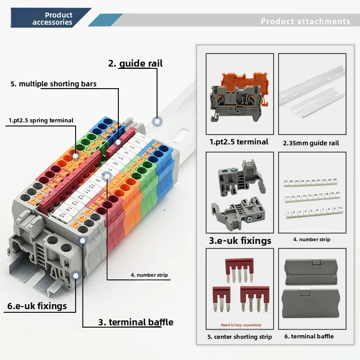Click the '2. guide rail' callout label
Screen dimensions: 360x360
coord(135,63)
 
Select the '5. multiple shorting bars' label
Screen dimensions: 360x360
coord(54,84)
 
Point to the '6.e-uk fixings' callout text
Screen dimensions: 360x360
coord(37,306)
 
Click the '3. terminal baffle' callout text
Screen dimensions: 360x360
coord(135,322)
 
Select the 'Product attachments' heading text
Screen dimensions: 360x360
coord(305,21)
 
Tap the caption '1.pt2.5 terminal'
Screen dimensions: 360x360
coord(239,142)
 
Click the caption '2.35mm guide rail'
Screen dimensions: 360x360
coord(311,143)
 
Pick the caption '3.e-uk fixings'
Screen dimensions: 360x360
coord(240,240)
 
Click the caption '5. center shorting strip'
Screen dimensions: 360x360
coord(239,337)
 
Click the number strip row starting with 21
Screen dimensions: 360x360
coord(310,182)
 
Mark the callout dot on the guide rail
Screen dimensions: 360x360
coord(157,121)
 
